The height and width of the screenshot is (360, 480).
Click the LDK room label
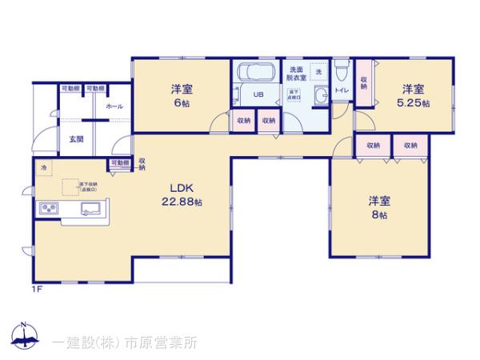(x=177, y=190)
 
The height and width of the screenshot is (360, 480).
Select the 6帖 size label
(x=182, y=104)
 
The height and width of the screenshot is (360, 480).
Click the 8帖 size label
(x=379, y=214)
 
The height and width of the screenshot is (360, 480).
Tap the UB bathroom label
(x=259, y=95)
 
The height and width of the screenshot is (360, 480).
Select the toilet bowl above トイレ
(x=342, y=74)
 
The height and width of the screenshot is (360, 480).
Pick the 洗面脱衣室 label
(x=297, y=74)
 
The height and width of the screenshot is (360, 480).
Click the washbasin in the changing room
(x=321, y=98)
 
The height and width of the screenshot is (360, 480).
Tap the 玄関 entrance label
(x=76, y=139)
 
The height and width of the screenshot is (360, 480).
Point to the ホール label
(x=114, y=106)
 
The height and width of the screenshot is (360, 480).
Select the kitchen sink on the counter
(x=88, y=210)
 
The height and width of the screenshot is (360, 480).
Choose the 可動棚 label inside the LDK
(x=120, y=163)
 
